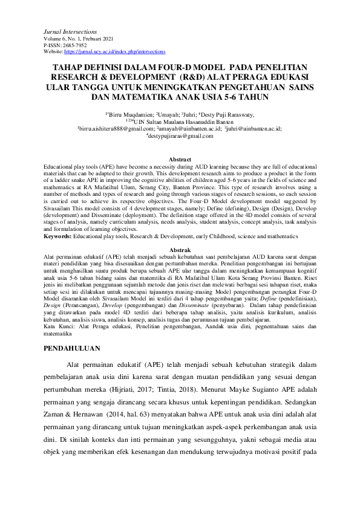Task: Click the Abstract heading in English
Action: [x=179, y=159]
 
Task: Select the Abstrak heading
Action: [x=179, y=249]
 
